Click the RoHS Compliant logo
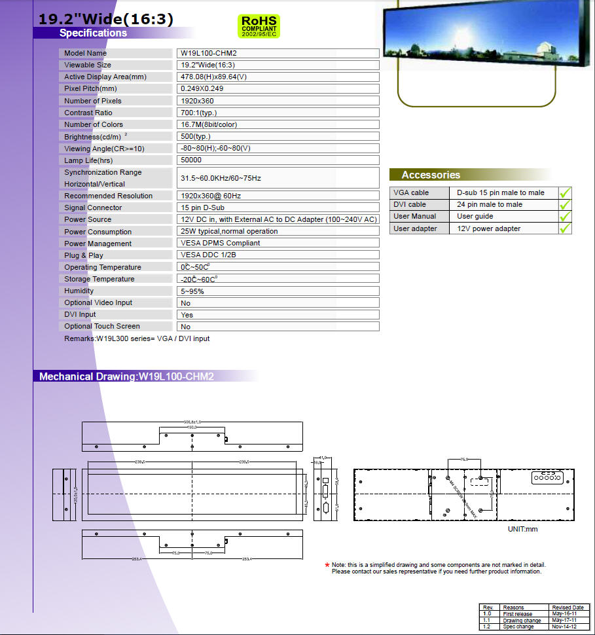coord(260,26)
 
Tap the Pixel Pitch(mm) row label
coord(90,88)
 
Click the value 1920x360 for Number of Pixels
coord(198,101)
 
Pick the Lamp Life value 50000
coord(191,160)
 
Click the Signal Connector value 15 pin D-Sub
coord(202,208)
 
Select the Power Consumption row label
coord(98,232)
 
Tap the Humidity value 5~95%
coord(192,291)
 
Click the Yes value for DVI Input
coord(187,315)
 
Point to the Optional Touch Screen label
coord(101,326)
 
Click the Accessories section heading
coord(431,175)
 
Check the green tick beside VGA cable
coord(565,193)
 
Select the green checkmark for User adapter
coord(565,228)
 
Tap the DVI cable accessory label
coord(410,204)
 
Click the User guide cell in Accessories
coord(475,216)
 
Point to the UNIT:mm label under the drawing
coord(522,529)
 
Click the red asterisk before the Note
coord(327,565)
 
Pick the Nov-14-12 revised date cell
coord(564,626)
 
